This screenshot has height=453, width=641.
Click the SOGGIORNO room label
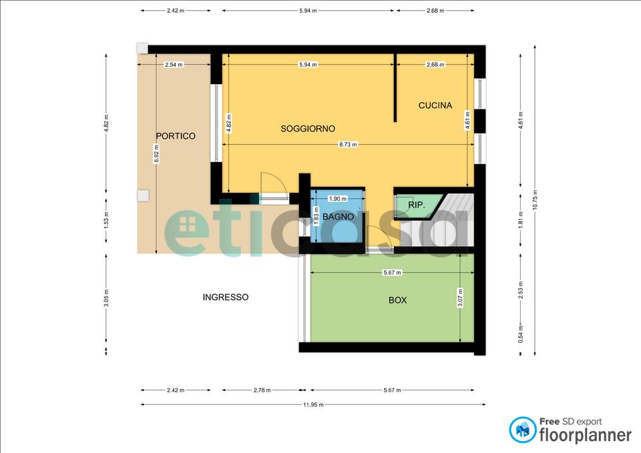tap(308, 129)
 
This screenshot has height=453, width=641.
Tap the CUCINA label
tap(435, 105)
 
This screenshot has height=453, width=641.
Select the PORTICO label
tap(176, 136)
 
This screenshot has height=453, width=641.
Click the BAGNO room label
tap(338, 217)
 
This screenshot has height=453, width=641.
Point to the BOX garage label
tap(398, 300)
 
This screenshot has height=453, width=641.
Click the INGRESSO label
tap(226, 298)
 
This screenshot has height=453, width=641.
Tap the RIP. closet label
tap(417, 205)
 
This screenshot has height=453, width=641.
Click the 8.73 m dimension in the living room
tap(348, 145)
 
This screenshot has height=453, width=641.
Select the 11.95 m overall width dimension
tap(313, 405)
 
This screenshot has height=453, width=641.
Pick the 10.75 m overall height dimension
tap(535, 200)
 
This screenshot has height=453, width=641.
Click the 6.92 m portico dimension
tap(156, 154)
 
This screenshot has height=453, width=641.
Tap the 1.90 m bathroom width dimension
tap(338, 199)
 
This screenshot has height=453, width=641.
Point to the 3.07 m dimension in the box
tap(460, 298)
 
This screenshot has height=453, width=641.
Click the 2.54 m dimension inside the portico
tap(174, 65)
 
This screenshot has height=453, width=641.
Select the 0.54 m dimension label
tap(520, 334)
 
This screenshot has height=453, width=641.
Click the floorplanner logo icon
tap(522, 430)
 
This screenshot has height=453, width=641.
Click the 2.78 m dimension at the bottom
tap(262, 390)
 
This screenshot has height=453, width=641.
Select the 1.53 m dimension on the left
tap(106, 221)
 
